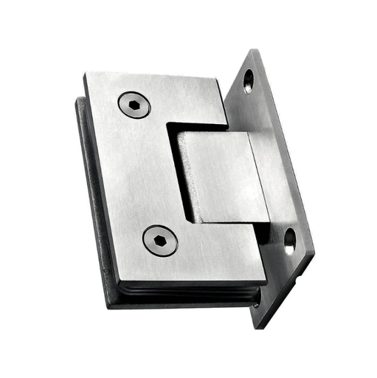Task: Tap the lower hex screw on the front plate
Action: (160, 241)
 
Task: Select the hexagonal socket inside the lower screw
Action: (160, 241)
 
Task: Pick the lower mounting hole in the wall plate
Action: (289, 240)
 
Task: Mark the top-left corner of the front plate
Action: (85, 73)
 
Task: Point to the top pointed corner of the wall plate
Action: (256, 50)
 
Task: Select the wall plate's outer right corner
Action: (314, 255)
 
